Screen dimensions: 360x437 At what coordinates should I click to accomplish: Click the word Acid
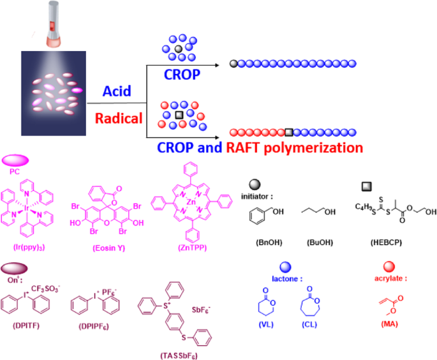[x=117, y=91]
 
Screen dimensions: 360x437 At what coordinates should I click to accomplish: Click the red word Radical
[x=119, y=118]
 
